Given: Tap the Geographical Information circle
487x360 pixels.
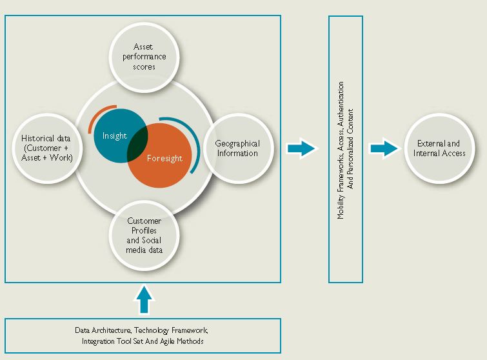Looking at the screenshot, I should (x=237, y=148).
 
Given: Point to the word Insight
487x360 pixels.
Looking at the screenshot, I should (x=115, y=135).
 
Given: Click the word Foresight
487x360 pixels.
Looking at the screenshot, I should (x=164, y=158).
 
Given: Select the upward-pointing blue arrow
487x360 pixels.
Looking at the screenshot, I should (x=144, y=301).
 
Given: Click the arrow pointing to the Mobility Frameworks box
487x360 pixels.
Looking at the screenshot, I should (x=301, y=149).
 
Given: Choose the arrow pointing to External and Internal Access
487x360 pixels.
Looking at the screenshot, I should (x=384, y=149).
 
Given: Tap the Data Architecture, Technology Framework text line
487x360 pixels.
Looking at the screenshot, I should (x=143, y=330).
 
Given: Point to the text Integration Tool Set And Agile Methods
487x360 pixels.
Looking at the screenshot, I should (x=143, y=341).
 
